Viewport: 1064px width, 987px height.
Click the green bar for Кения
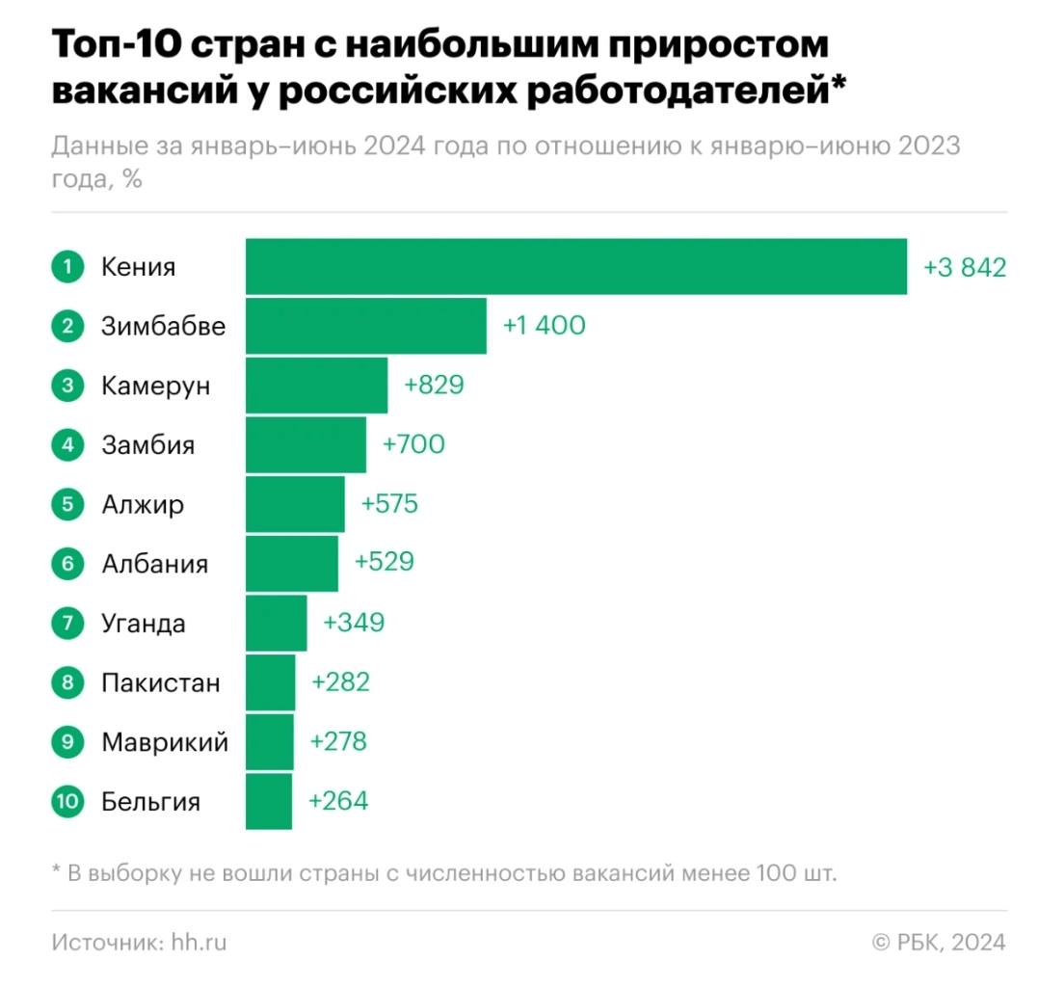click(575, 266)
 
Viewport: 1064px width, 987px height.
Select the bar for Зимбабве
click(365, 326)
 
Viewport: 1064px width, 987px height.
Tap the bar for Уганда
click(276, 623)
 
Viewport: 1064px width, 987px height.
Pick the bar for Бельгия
click(268, 801)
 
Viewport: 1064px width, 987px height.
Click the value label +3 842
click(964, 267)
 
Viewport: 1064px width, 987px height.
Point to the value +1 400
click(544, 326)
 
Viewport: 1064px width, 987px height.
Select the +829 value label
click(434, 386)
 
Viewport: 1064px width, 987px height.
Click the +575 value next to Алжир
click(389, 504)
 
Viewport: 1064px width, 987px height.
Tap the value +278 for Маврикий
click(338, 742)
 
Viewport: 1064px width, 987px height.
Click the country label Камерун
click(155, 386)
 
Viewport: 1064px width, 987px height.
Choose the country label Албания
click(154, 564)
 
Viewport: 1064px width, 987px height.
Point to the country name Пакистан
click(160, 683)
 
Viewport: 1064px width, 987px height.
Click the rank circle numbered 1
click(67, 267)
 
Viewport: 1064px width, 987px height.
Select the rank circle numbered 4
click(67, 445)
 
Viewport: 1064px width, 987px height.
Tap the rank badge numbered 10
click(67, 801)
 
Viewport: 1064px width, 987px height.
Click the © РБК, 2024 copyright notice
click(939, 942)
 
